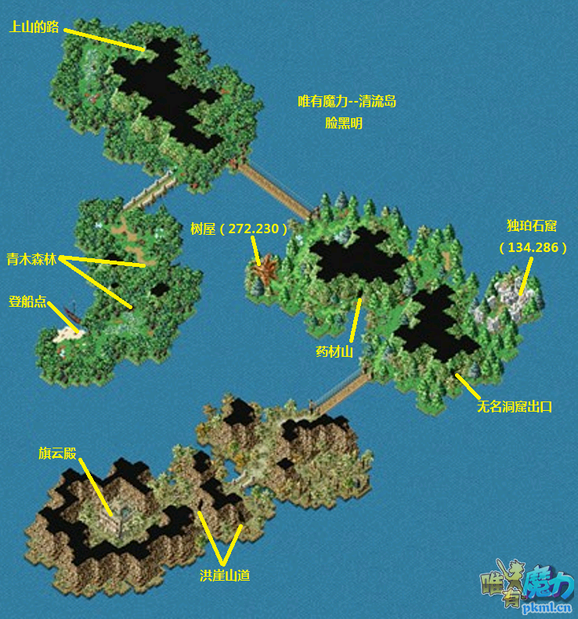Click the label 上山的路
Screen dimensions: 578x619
pyautogui.click(x=34, y=27)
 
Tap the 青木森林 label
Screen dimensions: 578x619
pyautogui.click(x=31, y=259)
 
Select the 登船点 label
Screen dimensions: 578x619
pyautogui.click(x=27, y=301)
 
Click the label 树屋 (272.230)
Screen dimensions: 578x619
pyautogui.click(x=239, y=229)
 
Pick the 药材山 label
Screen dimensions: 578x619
pyautogui.click(x=334, y=351)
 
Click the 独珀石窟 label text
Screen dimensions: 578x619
pyautogui.click(x=532, y=226)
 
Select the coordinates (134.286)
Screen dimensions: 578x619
pyautogui.click(x=533, y=247)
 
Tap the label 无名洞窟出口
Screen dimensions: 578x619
pyautogui.click(x=515, y=407)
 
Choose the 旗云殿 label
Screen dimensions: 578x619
pyautogui.click(x=57, y=453)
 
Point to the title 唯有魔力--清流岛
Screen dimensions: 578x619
pyautogui.click(x=347, y=102)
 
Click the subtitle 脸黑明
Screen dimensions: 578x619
pyautogui.click(x=344, y=123)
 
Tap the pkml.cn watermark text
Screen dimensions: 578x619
pyautogui.click(x=547, y=608)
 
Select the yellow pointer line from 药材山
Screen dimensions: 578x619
pyautogui.click(x=356, y=320)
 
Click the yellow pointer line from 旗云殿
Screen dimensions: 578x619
pyautogui.click(x=96, y=487)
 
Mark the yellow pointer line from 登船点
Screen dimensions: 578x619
pyautogui.click(x=63, y=317)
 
